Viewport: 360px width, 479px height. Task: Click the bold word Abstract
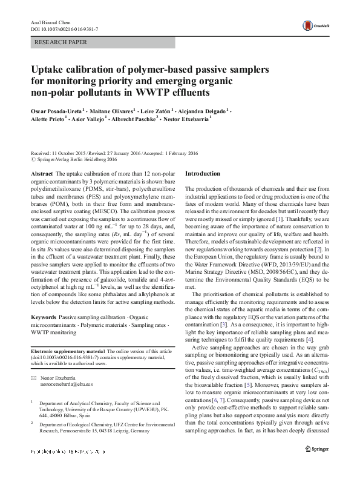(41, 173)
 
